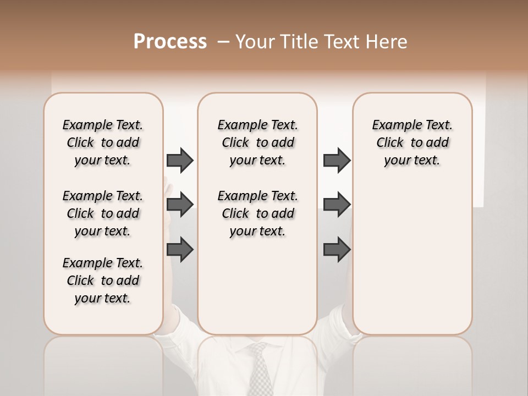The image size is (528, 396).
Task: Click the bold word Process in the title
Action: point(170,42)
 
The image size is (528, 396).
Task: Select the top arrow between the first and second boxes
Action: point(179,160)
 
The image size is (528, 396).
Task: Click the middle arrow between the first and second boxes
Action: point(179,205)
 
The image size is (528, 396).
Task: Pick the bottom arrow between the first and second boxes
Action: point(179,250)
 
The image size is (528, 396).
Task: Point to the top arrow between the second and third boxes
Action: point(336,160)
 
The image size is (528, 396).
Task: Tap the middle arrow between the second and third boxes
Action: point(336,205)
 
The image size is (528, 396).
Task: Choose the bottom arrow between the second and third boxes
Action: point(336,250)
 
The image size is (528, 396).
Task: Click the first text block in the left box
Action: point(103,142)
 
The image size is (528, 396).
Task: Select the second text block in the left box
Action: point(103,213)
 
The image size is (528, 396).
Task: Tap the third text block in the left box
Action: point(103,280)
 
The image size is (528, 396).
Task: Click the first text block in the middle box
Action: point(258,142)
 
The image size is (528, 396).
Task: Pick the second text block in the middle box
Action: point(258,213)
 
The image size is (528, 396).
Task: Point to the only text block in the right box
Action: point(412,142)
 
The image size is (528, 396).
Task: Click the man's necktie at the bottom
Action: point(260,369)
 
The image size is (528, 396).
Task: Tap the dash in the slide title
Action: point(223,42)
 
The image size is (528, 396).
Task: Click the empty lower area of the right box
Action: point(412,264)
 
